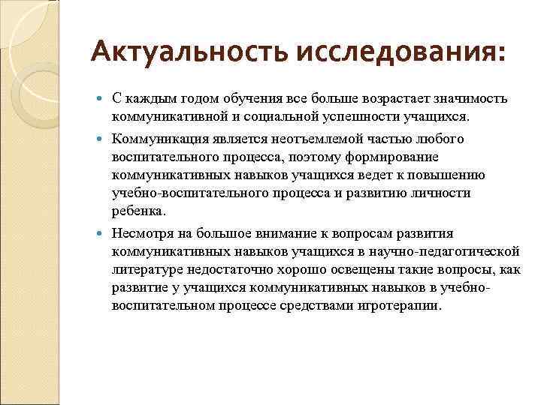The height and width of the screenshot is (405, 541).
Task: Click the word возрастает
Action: (x=384, y=99)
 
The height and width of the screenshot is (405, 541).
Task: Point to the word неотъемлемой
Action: (x=307, y=139)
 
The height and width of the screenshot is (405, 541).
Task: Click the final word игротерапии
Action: (x=405, y=306)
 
